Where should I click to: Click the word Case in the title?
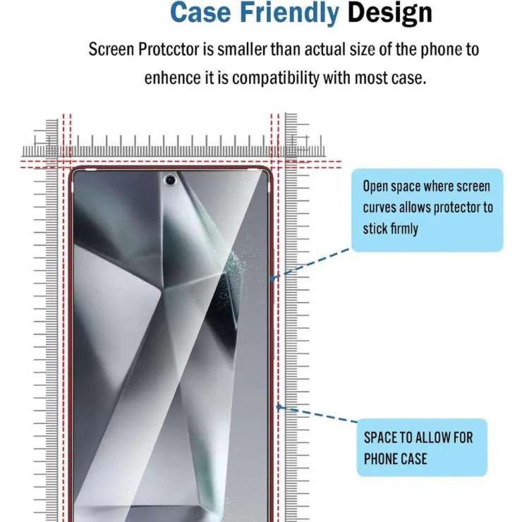[x=200, y=13]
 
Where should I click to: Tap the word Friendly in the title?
[x=289, y=13]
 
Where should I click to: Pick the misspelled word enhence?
[x=172, y=78]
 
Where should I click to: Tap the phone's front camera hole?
[x=171, y=180]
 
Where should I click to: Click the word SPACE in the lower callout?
[x=380, y=437]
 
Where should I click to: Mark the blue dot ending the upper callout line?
[x=273, y=279]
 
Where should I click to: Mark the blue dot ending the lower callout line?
[x=279, y=407]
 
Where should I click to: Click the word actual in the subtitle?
[x=324, y=49]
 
